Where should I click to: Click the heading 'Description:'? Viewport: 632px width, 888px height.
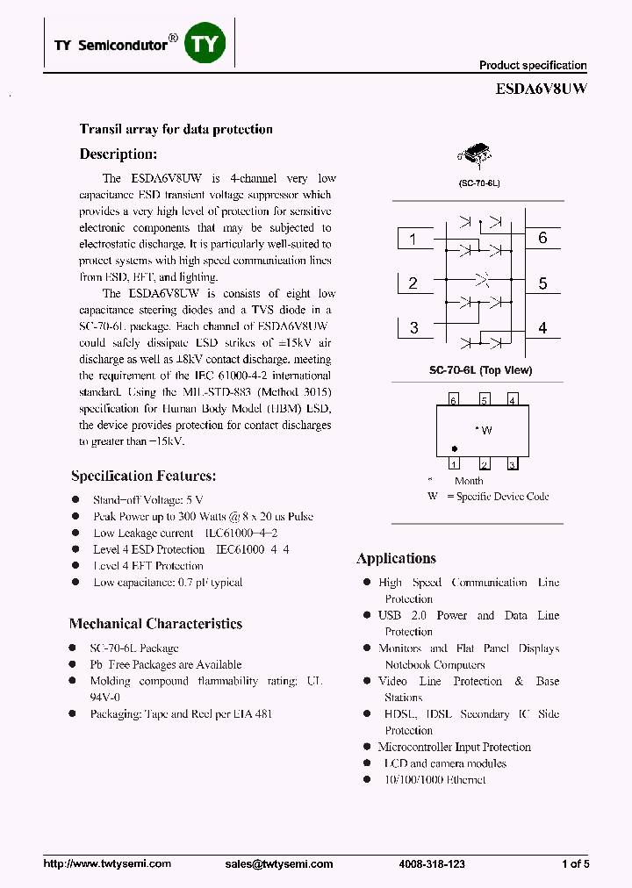pos(118,154)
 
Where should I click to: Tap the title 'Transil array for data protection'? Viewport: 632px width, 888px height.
pos(176,129)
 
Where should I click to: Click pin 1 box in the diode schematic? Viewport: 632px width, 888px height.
pos(414,239)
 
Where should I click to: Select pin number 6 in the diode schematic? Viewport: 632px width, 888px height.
pos(542,239)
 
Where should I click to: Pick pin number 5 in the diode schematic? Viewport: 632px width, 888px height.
pos(542,283)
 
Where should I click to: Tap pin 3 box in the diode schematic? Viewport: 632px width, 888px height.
pos(414,328)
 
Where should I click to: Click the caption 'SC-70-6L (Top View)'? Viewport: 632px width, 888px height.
pos(480,370)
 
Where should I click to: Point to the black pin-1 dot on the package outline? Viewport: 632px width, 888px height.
pos(454,448)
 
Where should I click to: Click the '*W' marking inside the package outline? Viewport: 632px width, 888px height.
pos(483,430)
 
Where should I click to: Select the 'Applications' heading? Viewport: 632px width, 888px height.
pos(396,558)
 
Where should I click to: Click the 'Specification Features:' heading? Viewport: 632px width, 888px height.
pos(143,476)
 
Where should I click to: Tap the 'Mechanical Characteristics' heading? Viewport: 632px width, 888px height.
pos(155,624)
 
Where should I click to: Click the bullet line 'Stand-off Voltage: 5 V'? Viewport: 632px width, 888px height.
pos(147,500)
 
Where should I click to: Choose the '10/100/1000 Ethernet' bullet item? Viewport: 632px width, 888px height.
pos(434,780)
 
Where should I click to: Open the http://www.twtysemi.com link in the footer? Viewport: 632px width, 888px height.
pos(107,864)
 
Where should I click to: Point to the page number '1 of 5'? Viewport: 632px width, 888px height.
pos(575,864)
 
